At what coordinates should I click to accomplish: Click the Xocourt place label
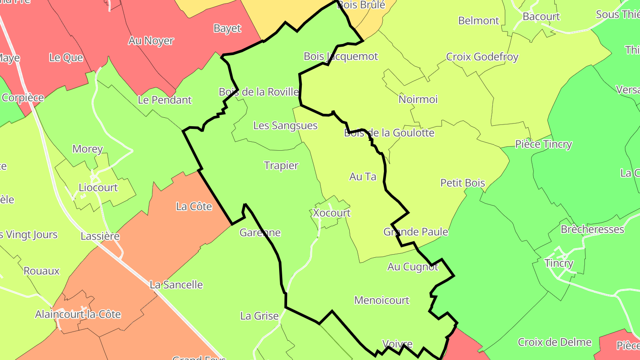pos(332,213)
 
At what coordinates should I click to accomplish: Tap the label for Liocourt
pos(98,188)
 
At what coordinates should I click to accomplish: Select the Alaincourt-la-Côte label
pos(78,314)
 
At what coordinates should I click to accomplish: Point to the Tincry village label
pos(559,263)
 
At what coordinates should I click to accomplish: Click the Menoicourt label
pos(382,300)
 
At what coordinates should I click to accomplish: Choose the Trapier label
pos(281,165)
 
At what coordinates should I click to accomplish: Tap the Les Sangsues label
pos(285,125)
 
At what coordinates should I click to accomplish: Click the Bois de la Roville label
pos(259,92)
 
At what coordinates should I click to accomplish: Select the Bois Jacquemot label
pos(341,56)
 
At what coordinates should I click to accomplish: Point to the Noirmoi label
pos(418,99)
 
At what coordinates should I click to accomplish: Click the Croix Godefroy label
pos(482,57)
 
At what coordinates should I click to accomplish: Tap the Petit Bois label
pos(463,183)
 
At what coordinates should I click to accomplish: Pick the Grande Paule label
pos(416,232)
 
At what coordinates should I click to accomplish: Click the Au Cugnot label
pos(413,267)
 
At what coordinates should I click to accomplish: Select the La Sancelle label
pos(176,284)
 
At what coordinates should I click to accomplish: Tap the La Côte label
pos(194,206)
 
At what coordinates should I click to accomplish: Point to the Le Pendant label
pos(165,100)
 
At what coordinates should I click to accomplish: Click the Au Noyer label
pos(151,41)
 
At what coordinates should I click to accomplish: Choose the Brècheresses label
pos(592,229)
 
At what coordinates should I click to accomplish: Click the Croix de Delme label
pos(555,342)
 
